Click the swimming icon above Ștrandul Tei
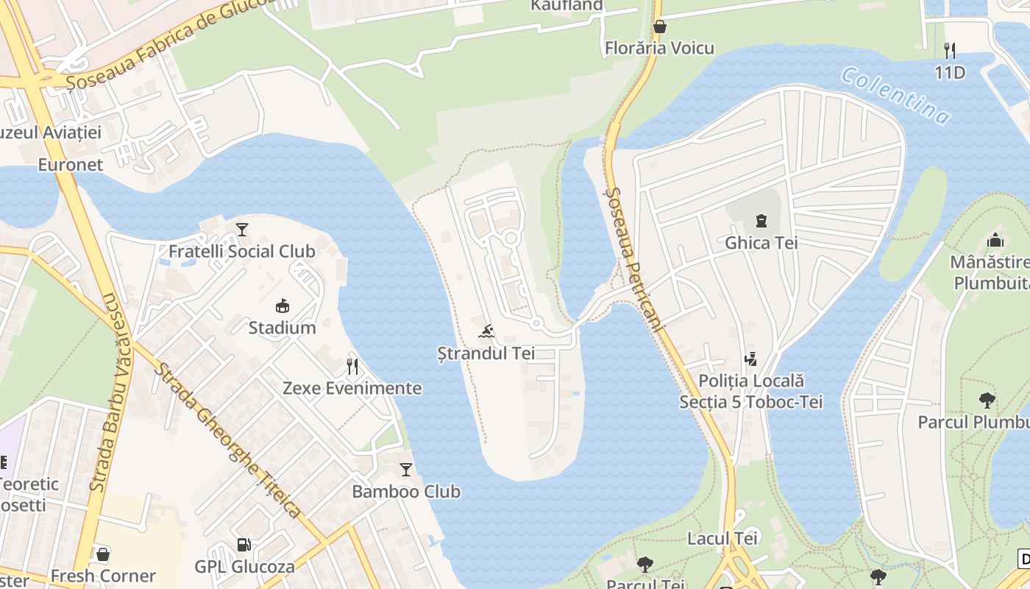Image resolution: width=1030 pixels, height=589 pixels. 486,331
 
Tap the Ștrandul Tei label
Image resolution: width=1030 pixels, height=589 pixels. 486,353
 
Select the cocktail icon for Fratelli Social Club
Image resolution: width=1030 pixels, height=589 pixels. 242,230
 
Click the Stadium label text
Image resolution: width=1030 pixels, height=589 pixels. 282,328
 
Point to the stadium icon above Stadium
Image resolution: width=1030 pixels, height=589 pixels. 282,306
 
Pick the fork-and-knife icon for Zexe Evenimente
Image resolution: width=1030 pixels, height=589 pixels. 352,366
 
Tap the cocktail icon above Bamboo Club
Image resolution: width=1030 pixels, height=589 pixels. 406,469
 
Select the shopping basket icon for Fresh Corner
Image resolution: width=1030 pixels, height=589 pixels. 103,554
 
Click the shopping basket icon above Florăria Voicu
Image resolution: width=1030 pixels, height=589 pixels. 660,27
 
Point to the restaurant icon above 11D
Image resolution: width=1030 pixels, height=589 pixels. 950,50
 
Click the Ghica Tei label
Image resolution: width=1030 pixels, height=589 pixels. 761,243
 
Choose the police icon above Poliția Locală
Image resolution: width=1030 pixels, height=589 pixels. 750,359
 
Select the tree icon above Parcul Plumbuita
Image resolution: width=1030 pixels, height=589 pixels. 987,400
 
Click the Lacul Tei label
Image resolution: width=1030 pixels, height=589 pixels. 722,538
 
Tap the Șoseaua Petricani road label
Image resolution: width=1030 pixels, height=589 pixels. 635,258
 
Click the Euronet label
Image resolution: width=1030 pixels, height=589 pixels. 71,165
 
